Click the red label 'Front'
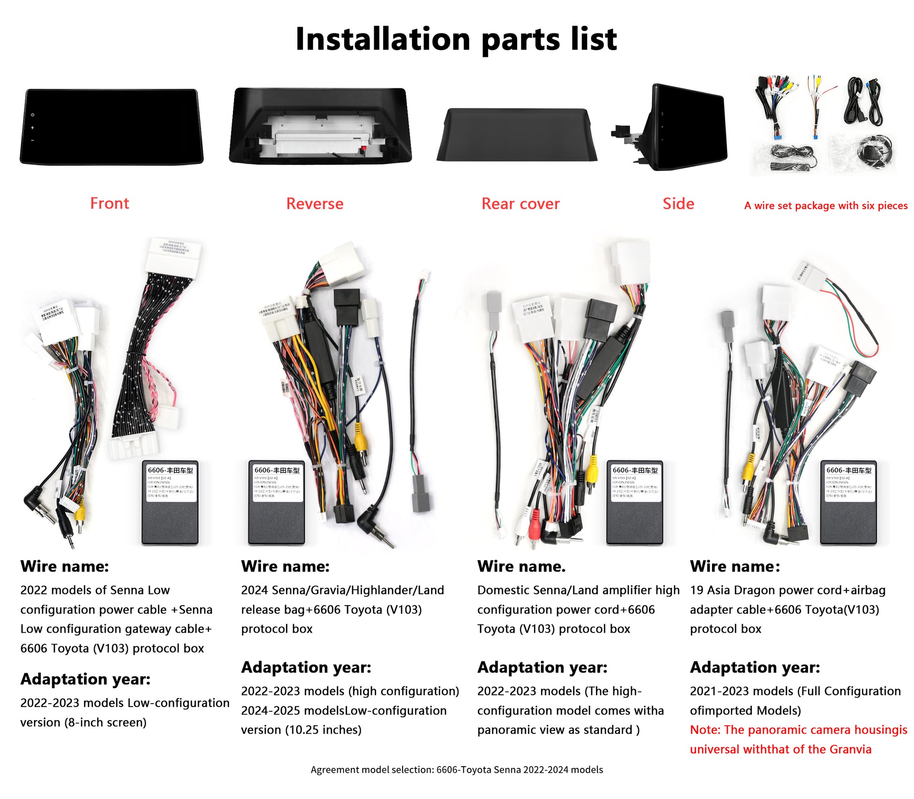109,203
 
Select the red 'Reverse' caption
315,204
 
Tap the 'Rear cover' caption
520,204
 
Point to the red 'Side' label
678,203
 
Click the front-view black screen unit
112,127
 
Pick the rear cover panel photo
517,135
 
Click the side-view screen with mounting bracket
681,127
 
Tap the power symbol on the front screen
32,115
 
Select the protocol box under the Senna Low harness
170,503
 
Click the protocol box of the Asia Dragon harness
848,503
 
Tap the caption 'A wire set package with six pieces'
826,206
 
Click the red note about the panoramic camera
798,739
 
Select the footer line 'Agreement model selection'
457,770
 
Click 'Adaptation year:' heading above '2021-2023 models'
755,667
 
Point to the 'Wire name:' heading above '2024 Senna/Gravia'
285,566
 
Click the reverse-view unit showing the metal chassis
320,126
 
